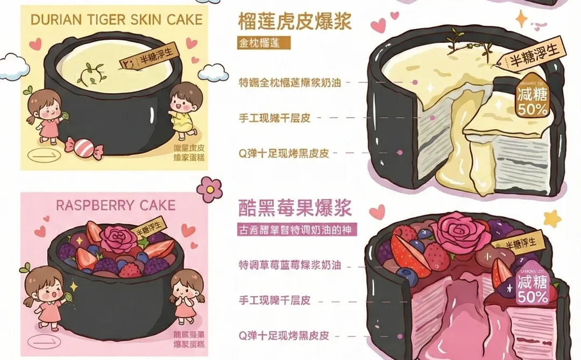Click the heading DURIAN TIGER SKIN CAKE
[117, 20]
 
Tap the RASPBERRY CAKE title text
[116, 206]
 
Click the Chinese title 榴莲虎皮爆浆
[295, 21]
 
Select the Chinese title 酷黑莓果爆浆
[295, 207]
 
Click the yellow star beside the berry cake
[552, 218]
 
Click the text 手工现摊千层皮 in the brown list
[274, 118]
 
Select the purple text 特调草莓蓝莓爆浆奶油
[290, 266]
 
